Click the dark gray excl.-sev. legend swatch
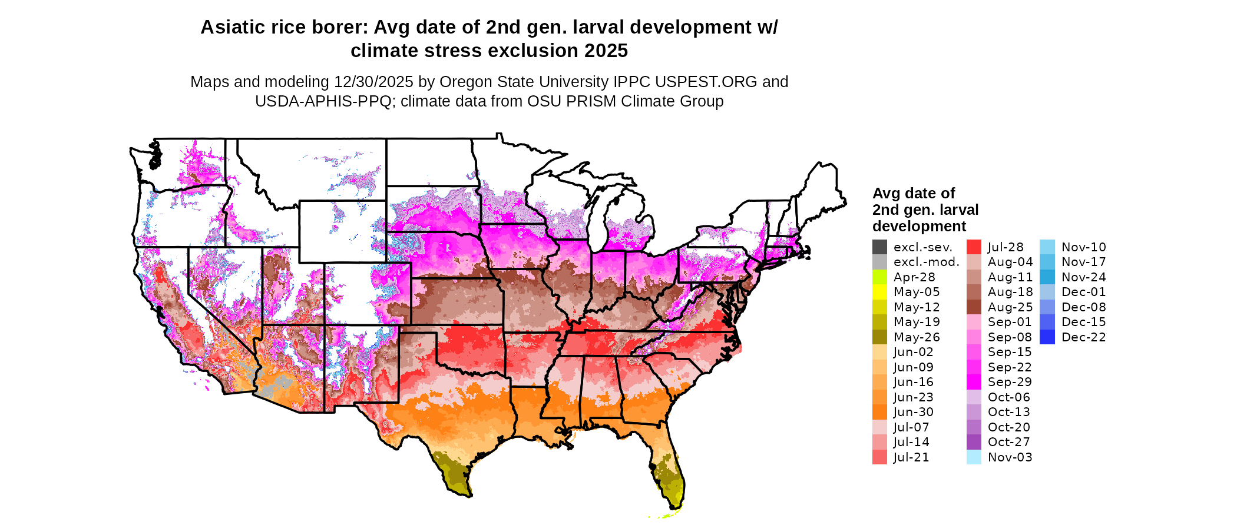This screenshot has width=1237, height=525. [x=879, y=247]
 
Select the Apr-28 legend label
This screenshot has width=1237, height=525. [x=914, y=277]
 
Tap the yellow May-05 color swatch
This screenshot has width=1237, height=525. [x=879, y=292]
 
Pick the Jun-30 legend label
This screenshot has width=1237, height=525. [x=913, y=412]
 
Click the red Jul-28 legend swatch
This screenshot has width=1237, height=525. [x=974, y=247]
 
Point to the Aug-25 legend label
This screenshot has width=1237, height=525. [x=1010, y=307]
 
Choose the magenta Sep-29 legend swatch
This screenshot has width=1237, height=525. [x=974, y=382]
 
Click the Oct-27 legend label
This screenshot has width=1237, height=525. [x=1008, y=442]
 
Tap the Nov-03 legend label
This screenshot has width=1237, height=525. [x=1010, y=457]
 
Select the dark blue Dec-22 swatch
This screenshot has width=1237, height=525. [x=1047, y=337]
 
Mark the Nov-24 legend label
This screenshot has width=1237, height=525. [x=1083, y=277]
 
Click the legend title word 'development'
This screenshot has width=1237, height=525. [x=919, y=227]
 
